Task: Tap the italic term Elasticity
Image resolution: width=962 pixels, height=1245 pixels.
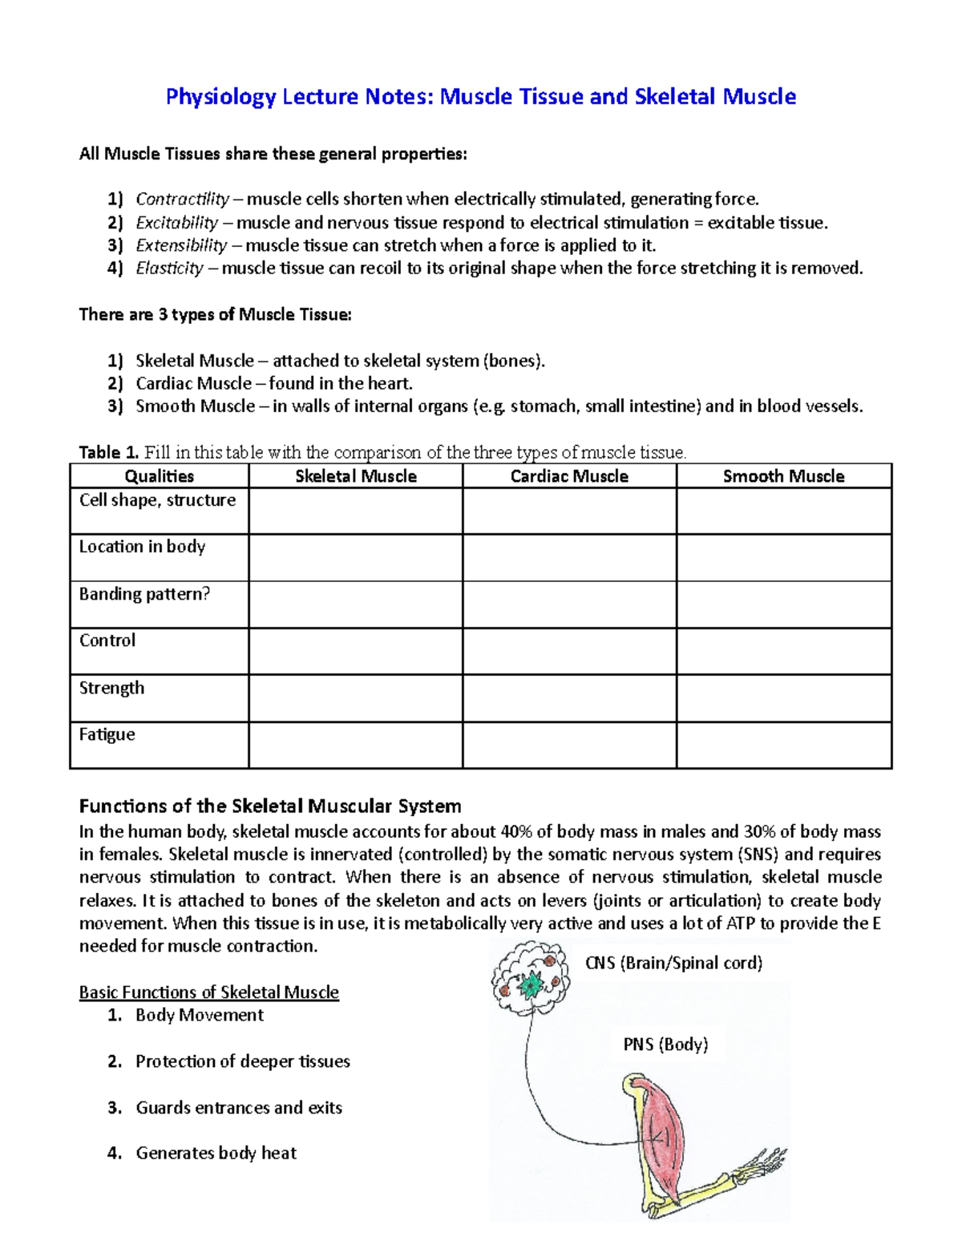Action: [x=169, y=269]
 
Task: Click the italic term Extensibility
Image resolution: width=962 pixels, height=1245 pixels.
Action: [x=181, y=245]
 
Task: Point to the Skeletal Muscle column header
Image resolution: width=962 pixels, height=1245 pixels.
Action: [x=356, y=476]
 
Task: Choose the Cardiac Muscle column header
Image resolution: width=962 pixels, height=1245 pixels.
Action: [x=569, y=476]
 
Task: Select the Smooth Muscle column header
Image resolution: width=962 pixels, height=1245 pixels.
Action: [x=783, y=476]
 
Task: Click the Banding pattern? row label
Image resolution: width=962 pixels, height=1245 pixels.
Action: [x=144, y=594]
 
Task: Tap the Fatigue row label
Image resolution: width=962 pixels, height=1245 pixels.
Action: [x=107, y=734]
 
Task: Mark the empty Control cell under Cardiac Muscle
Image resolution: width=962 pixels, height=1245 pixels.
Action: [x=569, y=651]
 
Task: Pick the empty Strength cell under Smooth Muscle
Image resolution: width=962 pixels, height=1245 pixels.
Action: [x=783, y=698]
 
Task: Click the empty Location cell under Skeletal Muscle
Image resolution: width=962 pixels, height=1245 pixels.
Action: [x=356, y=557]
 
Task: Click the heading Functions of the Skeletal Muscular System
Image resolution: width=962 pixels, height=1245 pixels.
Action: [x=270, y=806]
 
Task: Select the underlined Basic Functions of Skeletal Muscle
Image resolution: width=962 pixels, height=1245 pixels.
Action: [x=208, y=992]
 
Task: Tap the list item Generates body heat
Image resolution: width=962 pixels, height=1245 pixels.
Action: [x=216, y=1153]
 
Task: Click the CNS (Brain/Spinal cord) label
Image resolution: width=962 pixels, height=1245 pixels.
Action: [x=673, y=963]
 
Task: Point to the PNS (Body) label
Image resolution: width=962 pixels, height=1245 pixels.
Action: [x=665, y=1045]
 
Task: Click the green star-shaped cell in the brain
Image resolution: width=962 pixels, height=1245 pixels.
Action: [x=530, y=983]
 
